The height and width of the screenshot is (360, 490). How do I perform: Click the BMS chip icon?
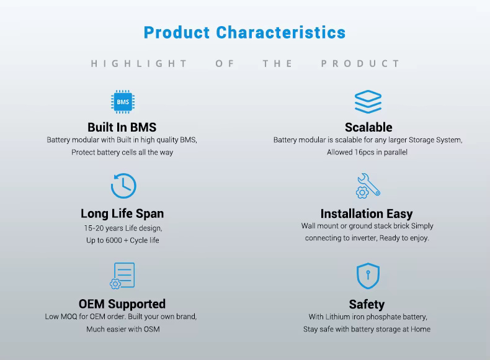(x=123, y=102)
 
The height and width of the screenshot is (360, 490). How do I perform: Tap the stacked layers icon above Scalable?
(x=368, y=102)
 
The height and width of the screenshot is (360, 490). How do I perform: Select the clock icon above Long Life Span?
(x=123, y=186)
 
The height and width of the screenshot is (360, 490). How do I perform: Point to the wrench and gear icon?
(x=368, y=186)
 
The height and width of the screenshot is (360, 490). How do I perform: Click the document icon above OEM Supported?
(x=123, y=276)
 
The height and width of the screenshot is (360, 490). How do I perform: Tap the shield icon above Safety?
(x=368, y=276)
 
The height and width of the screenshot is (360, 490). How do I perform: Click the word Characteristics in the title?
(x=280, y=32)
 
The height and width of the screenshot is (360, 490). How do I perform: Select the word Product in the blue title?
(x=177, y=32)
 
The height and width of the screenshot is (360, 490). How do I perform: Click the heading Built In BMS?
(x=122, y=127)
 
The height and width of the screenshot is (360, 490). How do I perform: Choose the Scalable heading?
(x=368, y=127)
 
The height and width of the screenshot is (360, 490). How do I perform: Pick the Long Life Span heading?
(x=122, y=214)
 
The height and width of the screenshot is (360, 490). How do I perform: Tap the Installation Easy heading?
(x=367, y=214)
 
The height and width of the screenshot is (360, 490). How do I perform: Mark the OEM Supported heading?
(x=122, y=304)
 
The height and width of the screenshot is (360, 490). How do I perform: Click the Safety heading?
(x=367, y=304)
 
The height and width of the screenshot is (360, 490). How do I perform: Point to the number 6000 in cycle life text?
(x=114, y=240)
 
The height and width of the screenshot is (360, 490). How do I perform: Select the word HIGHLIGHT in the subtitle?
(x=139, y=64)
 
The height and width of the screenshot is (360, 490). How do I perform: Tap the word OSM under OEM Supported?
(x=151, y=330)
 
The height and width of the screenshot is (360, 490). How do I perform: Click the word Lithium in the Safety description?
(x=337, y=317)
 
